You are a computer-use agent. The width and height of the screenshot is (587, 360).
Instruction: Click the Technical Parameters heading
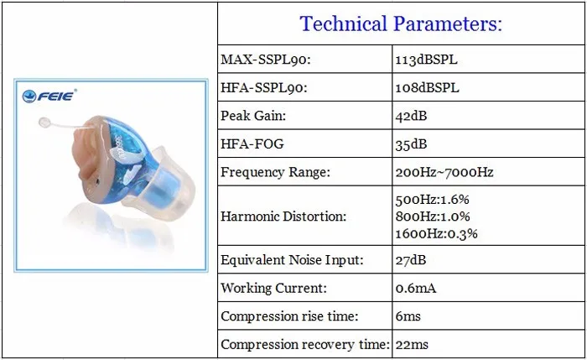401,23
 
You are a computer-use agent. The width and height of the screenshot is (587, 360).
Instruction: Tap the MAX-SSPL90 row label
266,60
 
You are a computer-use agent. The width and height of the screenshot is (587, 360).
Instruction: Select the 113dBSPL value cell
426,60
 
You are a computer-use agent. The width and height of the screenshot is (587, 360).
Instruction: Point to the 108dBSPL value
427,87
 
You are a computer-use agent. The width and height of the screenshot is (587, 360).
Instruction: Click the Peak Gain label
253,116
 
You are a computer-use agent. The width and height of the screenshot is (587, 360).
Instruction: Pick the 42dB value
411,116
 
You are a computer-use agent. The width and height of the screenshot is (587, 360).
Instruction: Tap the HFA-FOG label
252,143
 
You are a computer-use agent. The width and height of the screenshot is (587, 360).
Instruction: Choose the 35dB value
411,144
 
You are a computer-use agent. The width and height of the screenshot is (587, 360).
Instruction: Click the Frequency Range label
276,172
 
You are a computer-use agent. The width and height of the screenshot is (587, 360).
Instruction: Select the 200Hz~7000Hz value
444,172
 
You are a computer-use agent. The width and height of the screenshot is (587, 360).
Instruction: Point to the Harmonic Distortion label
283,217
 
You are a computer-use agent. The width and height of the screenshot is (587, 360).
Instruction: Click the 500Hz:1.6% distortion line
433,199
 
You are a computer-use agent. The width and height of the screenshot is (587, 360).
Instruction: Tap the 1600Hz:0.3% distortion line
437,233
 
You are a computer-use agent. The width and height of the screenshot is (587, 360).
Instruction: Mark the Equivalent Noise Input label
292,259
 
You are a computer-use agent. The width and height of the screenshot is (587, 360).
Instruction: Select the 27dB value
411,260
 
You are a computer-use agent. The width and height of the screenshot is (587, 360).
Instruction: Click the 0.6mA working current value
416,288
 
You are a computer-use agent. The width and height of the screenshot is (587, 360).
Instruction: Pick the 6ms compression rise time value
408,316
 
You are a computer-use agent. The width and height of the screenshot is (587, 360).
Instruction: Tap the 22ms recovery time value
412,345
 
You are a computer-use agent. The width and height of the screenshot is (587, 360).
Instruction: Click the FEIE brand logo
49,96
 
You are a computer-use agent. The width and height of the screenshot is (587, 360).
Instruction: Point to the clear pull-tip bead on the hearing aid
44,123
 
